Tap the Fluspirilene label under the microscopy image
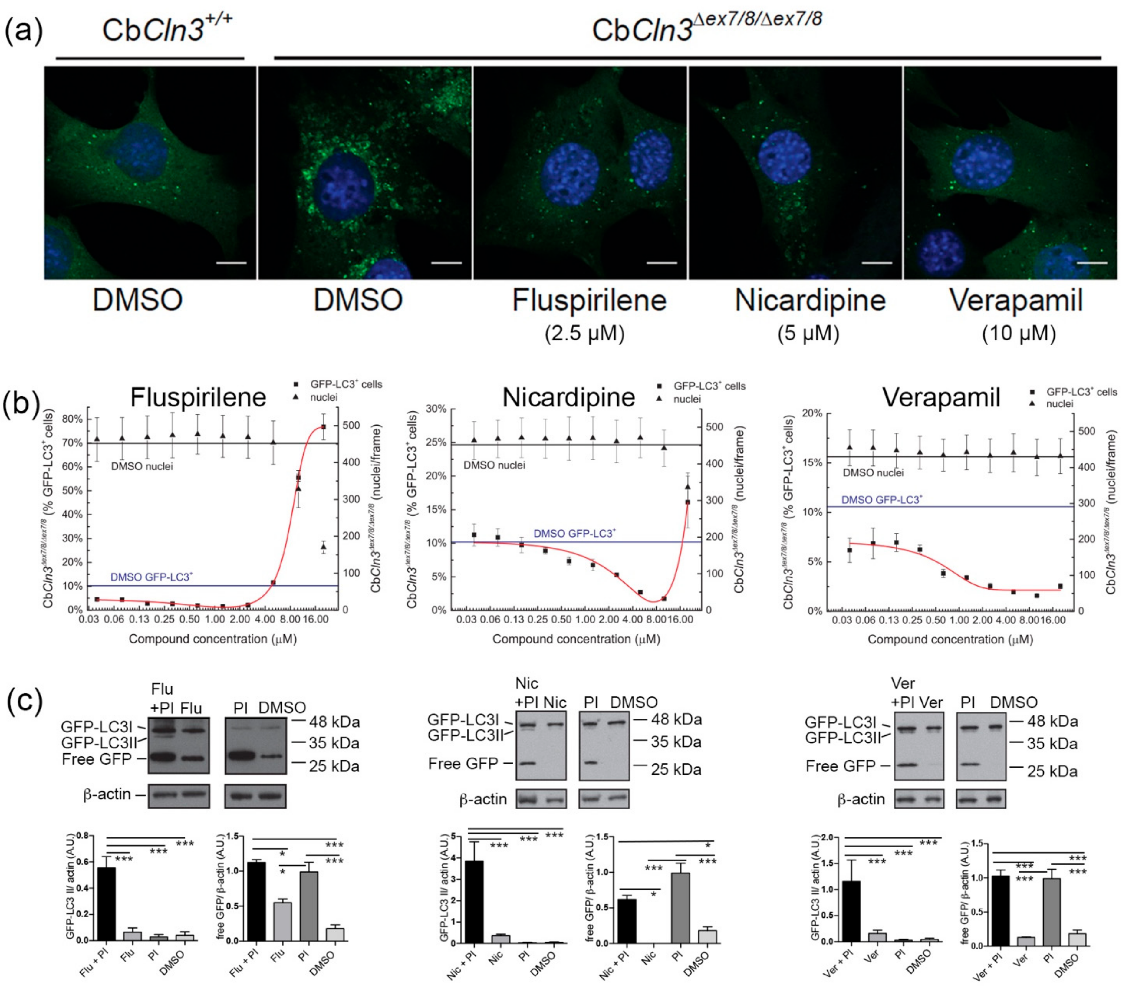pyautogui.click(x=589, y=301)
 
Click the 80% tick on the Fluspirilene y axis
pyautogui.click(x=72, y=419)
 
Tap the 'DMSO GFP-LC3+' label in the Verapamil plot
pyautogui.click(x=881, y=499)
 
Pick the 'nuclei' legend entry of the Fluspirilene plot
pyautogui.click(x=324, y=397)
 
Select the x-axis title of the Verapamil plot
pyautogui.click(x=950, y=639)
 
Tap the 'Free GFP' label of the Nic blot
pyautogui.click(x=463, y=764)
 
